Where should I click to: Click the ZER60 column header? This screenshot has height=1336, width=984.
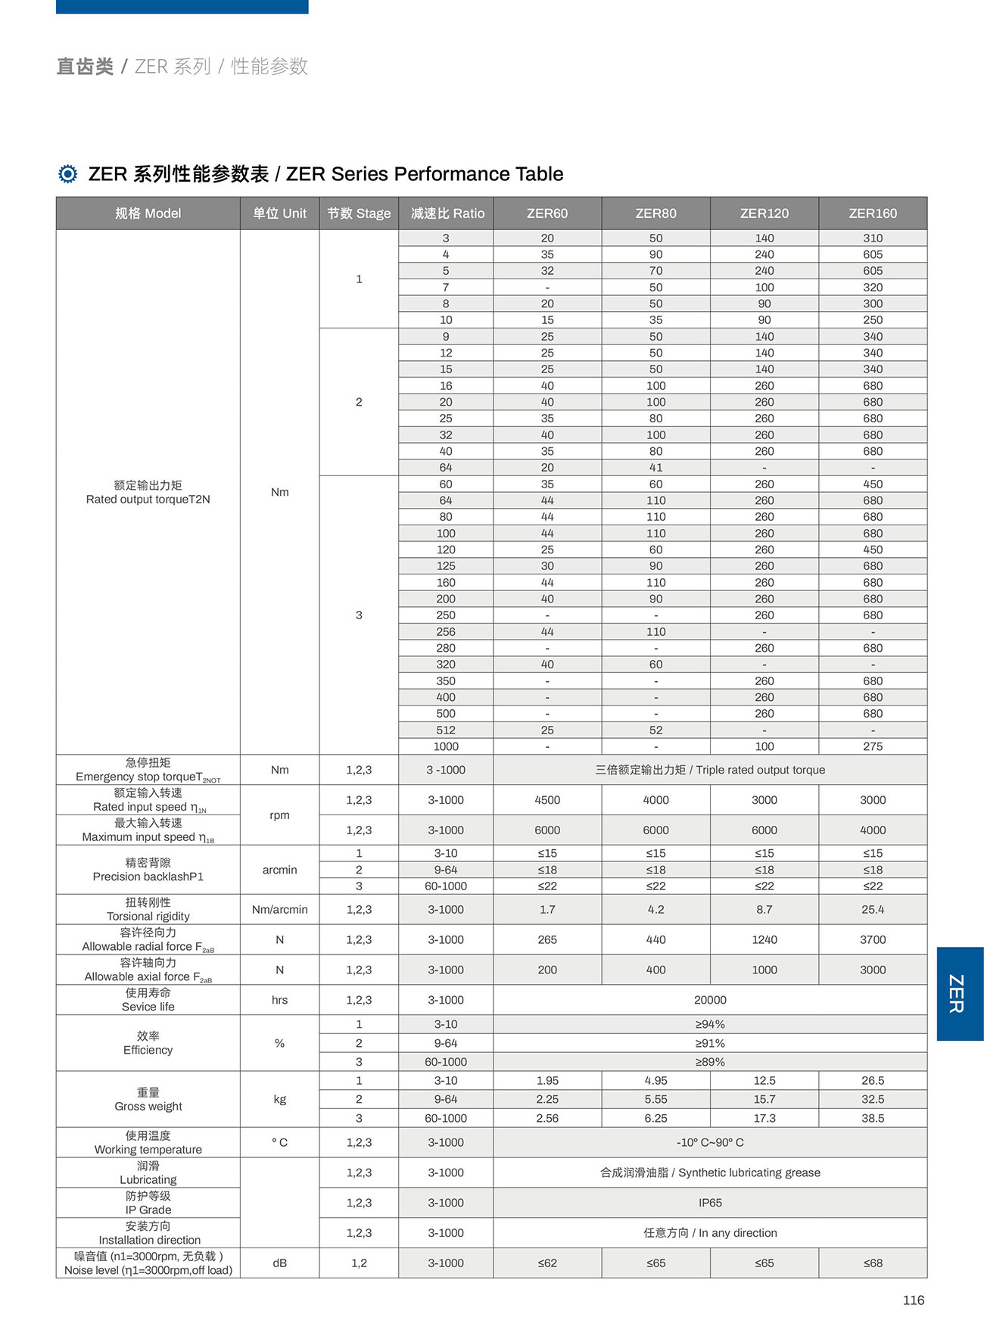(x=546, y=213)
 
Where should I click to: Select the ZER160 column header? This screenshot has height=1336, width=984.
(x=872, y=213)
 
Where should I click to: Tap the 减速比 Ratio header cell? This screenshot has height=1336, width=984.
(x=447, y=213)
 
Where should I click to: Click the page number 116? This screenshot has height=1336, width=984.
(x=913, y=1300)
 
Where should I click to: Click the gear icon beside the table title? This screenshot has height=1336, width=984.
(x=67, y=174)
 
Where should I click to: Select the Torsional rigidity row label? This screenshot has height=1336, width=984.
(x=148, y=909)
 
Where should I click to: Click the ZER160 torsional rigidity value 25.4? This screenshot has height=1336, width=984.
(x=872, y=909)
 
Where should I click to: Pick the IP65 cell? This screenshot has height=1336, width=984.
(x=709, y=1202)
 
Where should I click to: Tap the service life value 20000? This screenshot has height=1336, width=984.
(x=709, y=1000)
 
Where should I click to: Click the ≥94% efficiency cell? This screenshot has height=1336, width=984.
(x=709, y=1024)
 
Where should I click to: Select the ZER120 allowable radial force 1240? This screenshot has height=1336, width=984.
(x=764, y=939)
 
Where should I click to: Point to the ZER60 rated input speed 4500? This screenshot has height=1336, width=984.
(x=546, y=800)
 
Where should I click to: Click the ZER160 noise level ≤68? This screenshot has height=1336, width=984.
(x=872, y=1263)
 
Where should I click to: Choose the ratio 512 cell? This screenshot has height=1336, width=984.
(x=446, y=730)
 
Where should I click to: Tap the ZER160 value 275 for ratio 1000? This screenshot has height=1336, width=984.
(x=872, y=746)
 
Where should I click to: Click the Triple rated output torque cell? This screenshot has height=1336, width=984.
(x=709, y=770)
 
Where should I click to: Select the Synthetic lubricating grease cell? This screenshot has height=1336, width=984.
(x=709, y=1173)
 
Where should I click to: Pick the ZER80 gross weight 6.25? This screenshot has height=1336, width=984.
(x=655, y=1118)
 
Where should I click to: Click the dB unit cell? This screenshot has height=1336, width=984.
(x=279, y=1263)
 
